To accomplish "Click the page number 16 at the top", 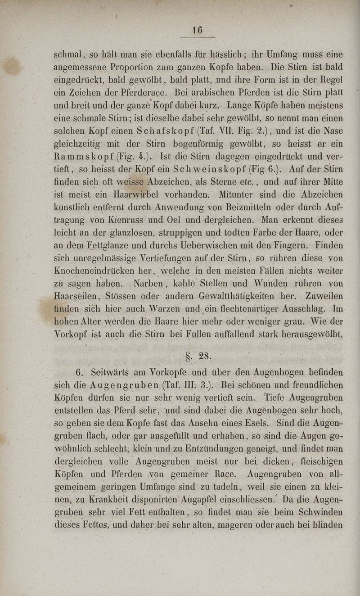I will point(197,31).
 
